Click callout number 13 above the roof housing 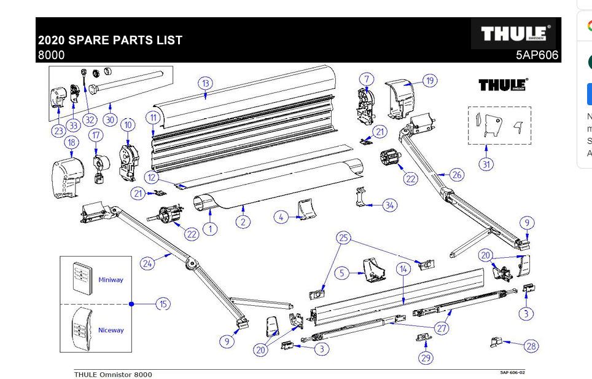pyautogui.click(x=205, y=83)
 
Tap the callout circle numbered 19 pyautogui.click(x=429, y=81)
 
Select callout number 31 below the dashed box pyautogui.click(x=486, y=164)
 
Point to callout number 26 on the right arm pyautogui.click(x=456, y=175)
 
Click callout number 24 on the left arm pyautogui.click(x=147, y=263)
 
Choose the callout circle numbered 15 pyautogui.click(x=163, y=303)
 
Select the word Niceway pyautogui.click(x=111, y=330)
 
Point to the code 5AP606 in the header pyautogui.click(x=537, y=55)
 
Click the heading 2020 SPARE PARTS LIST pyautogui.click(x=110, y=40)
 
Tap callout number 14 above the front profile pyautogui.click(x=403, y=269)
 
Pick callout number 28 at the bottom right pyautogui.click(x=531, y=346)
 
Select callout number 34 pyautogui.click(x=390, y=205)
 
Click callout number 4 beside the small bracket pyautogui.click(x=281, y=217)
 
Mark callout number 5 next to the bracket pyautogui.click(x=342, y=273)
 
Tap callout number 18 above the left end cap pyautogui.click(x=72, y=143)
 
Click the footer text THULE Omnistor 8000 pyautogui.click(x=113, y=374)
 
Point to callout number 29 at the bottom pyautogui.click(x=426, y=357)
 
